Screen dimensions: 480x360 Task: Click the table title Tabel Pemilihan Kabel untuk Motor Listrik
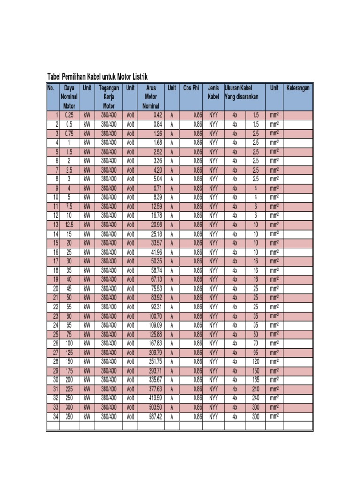(x=99, y=77)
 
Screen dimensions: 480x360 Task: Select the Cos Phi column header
(x=191, y=88)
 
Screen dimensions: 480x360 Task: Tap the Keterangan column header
(x=298, y=88)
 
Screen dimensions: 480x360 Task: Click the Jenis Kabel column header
(x=213, y=92)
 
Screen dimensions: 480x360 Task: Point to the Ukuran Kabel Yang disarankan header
(x=245, y=92)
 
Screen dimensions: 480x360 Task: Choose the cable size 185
(x=255, y=379)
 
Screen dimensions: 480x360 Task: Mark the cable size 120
(x=255, y=361)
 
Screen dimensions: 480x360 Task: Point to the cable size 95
(x=255, y=352)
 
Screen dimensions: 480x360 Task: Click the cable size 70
(x=255, y=343)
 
